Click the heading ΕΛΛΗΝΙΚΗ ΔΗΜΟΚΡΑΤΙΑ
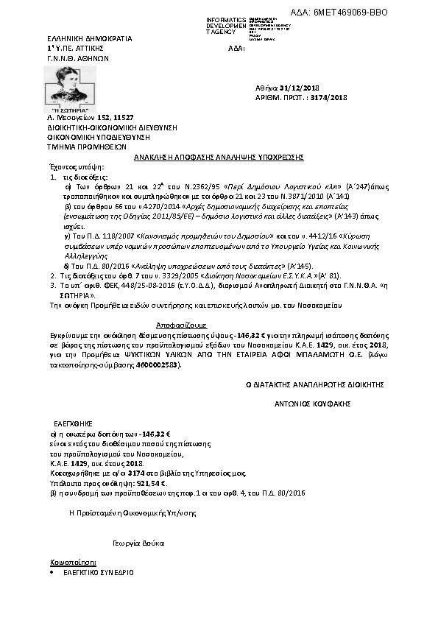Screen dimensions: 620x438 (x=79, y=38)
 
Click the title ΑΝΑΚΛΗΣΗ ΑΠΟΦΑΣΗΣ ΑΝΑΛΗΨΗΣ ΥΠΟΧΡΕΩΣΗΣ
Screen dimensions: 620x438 (x=219, y=157)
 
